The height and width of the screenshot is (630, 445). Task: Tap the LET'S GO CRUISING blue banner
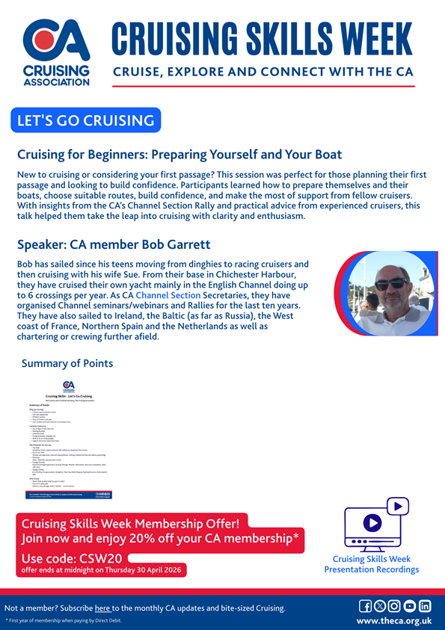[x=86, y=120]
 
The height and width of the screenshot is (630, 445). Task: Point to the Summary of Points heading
[x=67, y=363]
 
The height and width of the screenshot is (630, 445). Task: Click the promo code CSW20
[x=99, y=558]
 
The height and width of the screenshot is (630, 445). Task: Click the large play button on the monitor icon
[x=372, y=523]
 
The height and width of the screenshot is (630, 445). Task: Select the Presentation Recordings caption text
[x=372, y=569]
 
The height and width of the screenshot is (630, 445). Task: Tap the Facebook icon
[x=366, y=606]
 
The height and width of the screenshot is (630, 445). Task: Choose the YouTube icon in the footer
[x=410, y=606]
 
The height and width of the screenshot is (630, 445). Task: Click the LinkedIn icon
[x=425, y=606]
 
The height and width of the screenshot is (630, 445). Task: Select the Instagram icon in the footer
[x=395, y=606]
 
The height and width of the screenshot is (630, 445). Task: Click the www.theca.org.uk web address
[x=393, y=621]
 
